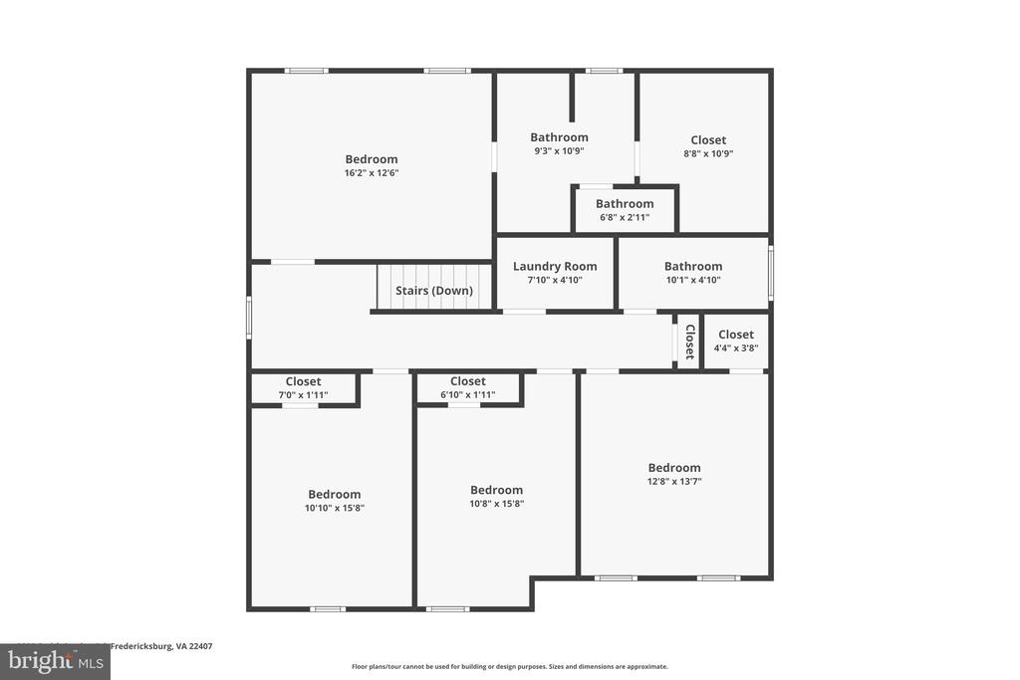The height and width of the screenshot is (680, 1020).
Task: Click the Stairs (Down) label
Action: coord(433,291)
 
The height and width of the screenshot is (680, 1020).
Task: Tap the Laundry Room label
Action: coord(555,266)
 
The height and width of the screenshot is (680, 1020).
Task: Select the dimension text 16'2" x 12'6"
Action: coord(372,173)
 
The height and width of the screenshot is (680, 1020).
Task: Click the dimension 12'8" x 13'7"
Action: coord(674,482)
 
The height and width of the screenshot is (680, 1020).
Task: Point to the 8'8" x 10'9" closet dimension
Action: coord(708,154)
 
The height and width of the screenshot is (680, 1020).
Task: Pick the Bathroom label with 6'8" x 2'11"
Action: coord(625,204)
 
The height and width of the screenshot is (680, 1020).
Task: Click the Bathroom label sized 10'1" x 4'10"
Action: coord(693,266)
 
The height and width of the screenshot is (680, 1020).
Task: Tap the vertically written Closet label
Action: coord(689,341)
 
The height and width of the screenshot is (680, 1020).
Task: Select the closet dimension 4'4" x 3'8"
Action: coord(736,348)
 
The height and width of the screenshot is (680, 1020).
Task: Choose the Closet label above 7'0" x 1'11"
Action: coord(304,381)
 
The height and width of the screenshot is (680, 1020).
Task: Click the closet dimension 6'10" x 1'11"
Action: coord(467,395)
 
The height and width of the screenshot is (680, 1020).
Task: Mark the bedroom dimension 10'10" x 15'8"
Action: coord(334,508)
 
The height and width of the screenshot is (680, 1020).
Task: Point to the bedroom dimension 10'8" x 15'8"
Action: coord(496,504)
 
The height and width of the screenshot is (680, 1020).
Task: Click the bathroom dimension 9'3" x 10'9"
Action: coord(559,151)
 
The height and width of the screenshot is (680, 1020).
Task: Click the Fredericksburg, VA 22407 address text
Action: coord(159,646)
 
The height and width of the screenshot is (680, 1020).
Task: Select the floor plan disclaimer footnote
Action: coord(509,667)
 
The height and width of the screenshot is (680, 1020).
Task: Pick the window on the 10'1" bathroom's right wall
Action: coord(770,273)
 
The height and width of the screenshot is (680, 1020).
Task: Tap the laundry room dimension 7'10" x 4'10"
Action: coord(555,280)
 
